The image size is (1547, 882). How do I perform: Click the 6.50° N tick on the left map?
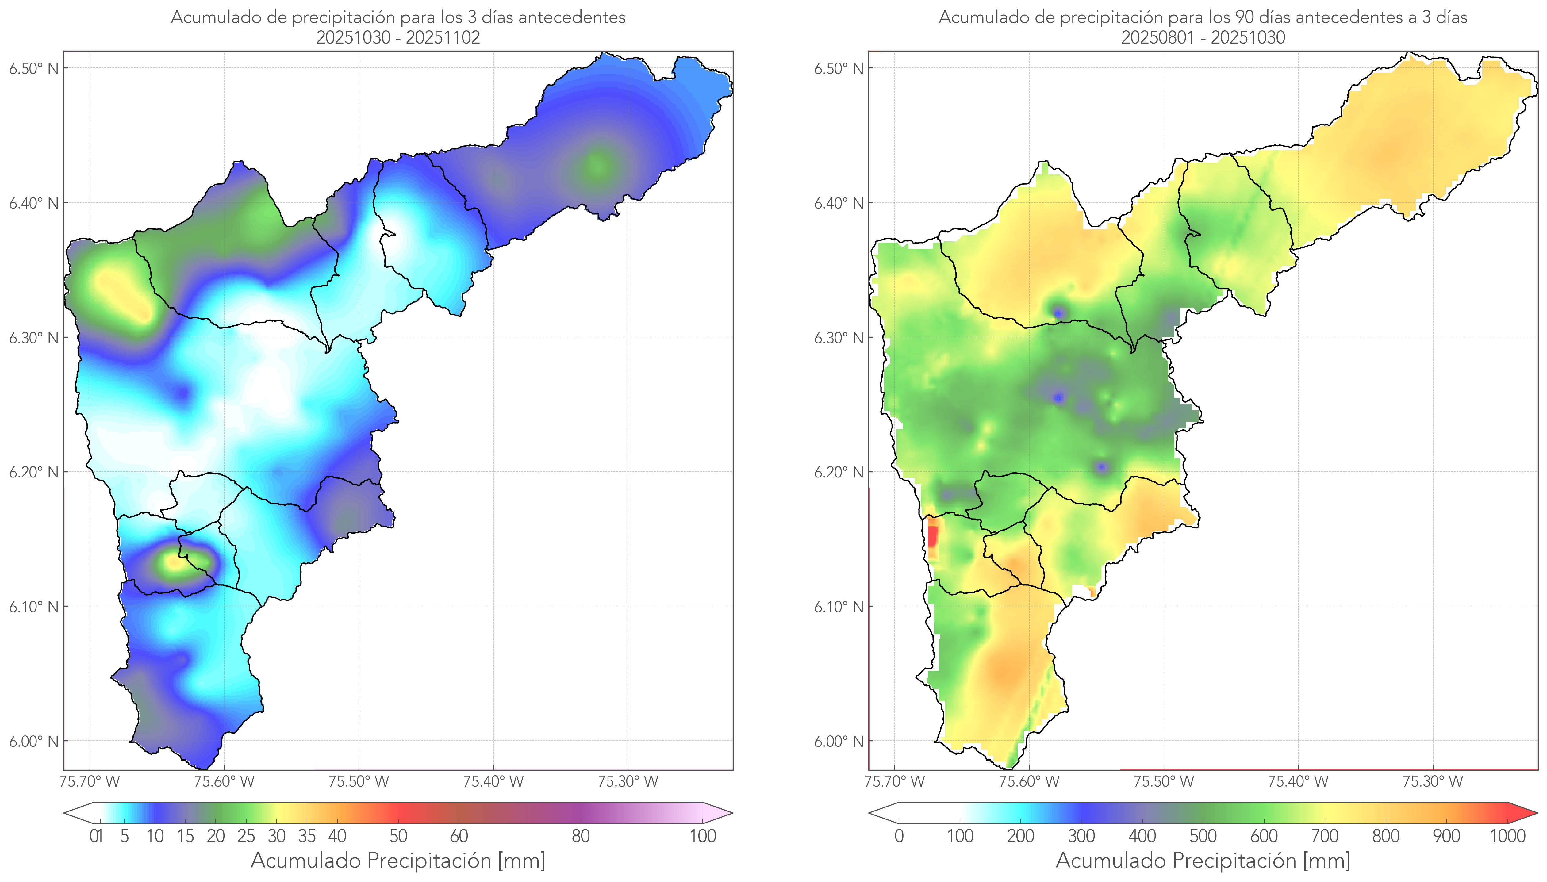pyautogui.click(x=34, y=68)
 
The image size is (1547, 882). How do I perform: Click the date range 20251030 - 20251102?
pyautogui.click(x=398, y=37)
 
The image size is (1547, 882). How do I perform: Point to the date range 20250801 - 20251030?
pyautogui.click(x=1203, y=37)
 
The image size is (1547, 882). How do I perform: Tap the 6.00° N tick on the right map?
pyautogui.click(x=839, y=742)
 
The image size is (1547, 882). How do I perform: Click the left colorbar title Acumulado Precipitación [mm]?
pyautogui.click(x=398, y=860)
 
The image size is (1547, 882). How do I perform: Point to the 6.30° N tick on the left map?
pyautogui.click(x=34, y=337)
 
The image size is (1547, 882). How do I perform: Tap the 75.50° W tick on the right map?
pyautogui.click(x=1164, y=781)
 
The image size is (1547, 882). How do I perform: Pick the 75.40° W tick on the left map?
pyautogui.click(x=493, y=781)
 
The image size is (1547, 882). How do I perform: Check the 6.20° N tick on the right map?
pyautogui.click(x=839, y=472)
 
